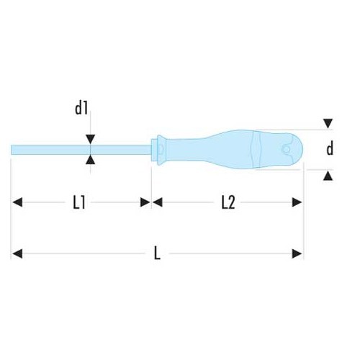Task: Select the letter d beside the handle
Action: tap(330, 149)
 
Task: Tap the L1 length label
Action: tap(80, 203)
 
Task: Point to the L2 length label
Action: tap(228, 203)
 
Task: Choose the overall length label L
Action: tap(157, 253)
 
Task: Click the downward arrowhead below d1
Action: tap(90, 139)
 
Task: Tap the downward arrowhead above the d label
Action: tap(328, 124)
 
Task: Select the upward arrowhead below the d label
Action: tap(328, 175)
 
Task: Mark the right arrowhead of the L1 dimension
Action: tap(145, 203)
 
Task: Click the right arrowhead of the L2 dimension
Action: tap(297, 203)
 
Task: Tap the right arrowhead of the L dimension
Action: tap(297, 253)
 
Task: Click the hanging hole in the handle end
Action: tap(287, 149)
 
